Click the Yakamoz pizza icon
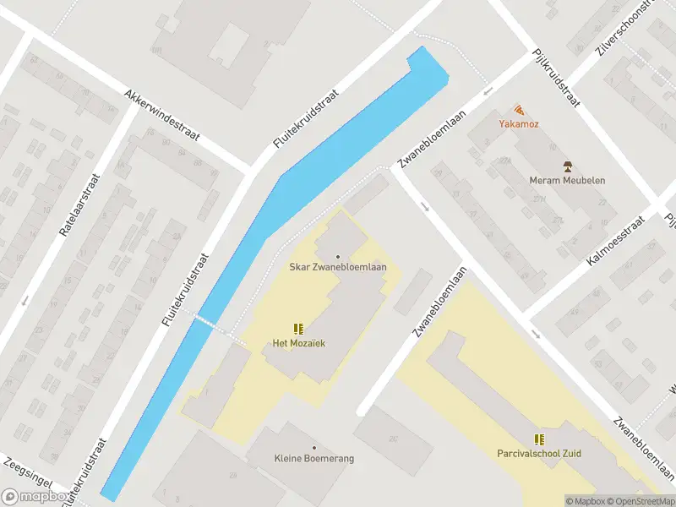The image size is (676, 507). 519,110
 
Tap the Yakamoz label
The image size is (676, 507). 519,124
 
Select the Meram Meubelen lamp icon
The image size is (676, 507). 567,166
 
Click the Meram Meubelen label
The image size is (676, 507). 567,180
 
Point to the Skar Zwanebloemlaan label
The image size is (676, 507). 338,268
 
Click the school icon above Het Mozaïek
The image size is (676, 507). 297,328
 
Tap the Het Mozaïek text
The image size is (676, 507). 298,343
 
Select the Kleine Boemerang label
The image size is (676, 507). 314,459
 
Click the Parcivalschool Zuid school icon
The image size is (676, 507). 539,439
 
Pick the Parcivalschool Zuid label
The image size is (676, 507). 539,454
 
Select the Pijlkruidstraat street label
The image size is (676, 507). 555,77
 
